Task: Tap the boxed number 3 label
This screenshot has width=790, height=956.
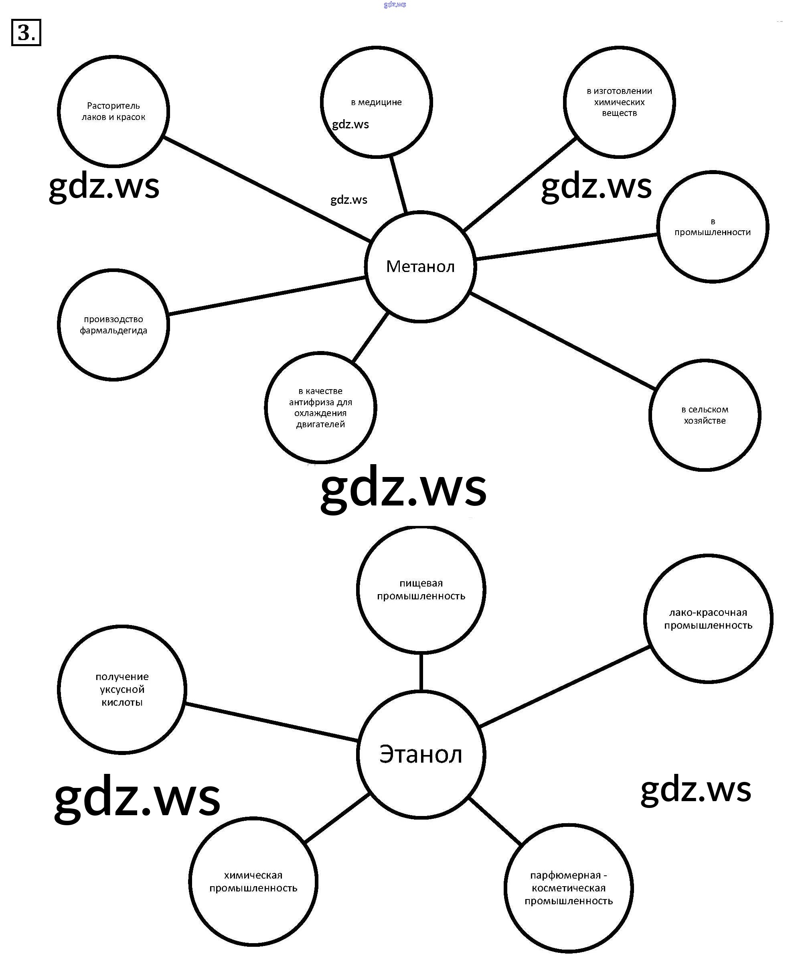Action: (26, 32)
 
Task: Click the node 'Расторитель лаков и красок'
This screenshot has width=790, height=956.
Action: (113, 111)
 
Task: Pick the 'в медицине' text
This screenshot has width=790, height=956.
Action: (376, 102)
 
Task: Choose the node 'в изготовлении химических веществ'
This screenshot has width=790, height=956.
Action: (619, 102)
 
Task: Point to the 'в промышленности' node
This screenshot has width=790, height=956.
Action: (712, 227)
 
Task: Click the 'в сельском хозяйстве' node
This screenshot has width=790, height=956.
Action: (705, 415)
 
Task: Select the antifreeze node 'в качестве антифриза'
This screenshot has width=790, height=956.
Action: (320, 408)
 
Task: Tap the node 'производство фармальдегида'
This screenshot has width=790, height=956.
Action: (113, 325)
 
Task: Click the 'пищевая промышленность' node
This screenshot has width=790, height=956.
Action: (421, 590)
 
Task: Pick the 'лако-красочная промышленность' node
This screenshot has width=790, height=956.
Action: (708, 619)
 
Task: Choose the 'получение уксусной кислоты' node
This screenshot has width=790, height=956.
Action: (122, 689)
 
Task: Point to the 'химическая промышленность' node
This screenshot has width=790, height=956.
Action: (253, 881)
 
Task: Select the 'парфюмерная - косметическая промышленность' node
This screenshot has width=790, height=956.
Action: (568, 888)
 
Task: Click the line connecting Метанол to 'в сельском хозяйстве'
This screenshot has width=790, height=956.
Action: (563, 341)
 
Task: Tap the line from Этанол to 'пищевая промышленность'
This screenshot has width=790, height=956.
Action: (421, 672)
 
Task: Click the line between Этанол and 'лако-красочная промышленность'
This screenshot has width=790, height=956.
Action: (564, 686)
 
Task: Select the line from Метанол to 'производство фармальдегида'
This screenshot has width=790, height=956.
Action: (267, 295)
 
